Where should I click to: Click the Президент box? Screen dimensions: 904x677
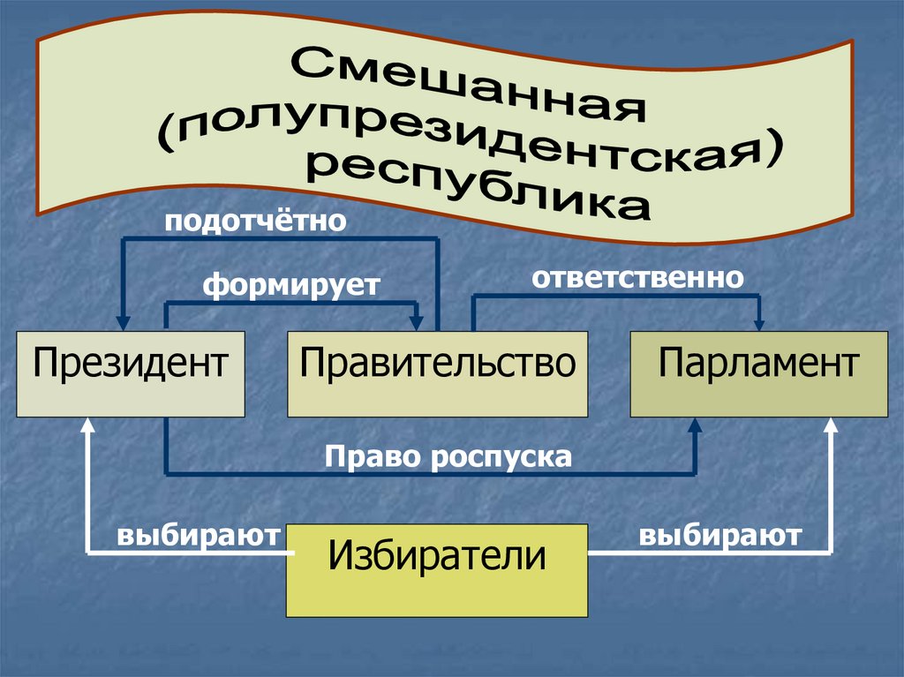(x=131, y=373)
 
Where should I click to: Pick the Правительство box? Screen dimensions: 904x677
(x=437, y=373)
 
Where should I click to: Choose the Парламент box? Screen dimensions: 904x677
(x=758, y=373)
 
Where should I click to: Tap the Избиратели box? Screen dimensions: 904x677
(x=437, y=569)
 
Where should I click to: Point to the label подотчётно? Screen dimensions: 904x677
(x=253, y=220)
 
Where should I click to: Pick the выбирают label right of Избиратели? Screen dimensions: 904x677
(x=721, y=535)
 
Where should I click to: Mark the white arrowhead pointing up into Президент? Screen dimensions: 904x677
(x=87, y=426)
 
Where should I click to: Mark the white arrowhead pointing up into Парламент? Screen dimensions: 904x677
(x=830, y=426)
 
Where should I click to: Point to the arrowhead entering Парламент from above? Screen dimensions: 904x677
(x=758, y=322)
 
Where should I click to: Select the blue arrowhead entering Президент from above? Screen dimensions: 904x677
(x=123, y=322)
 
